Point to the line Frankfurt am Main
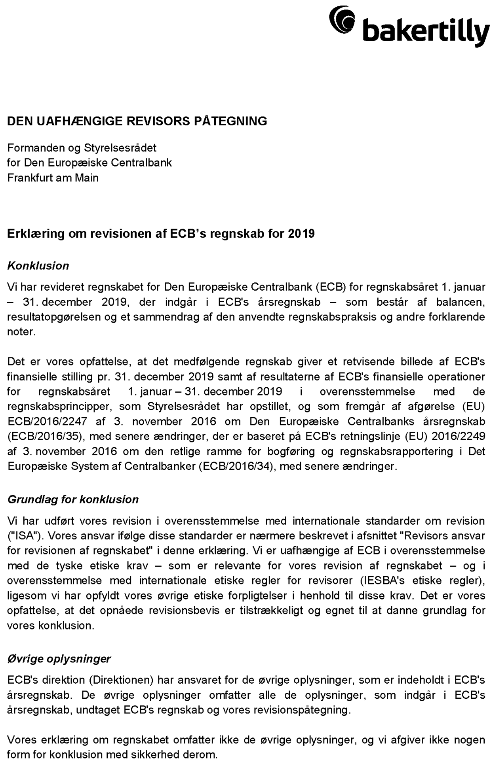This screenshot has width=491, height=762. point(53,178)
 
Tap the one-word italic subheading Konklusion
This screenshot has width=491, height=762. point(38,266)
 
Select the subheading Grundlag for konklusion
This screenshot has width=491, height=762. point(73,499)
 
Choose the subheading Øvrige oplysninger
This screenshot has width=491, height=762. point(59,659)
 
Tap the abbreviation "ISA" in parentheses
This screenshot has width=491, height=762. point(24,536)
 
